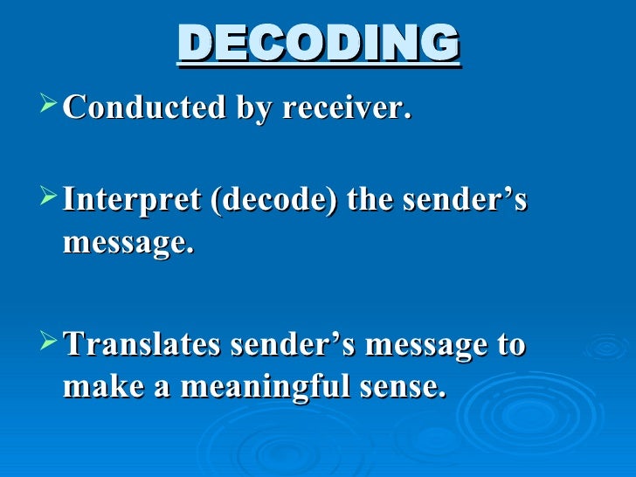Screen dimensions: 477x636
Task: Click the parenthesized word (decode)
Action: [270, 202]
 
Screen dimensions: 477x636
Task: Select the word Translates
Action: [142, 344]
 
